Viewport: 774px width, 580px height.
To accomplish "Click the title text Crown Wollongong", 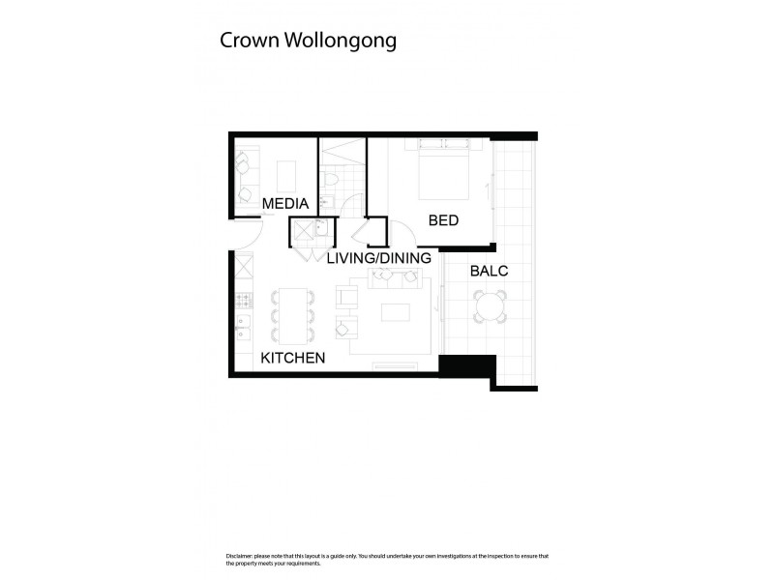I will coord(308,42).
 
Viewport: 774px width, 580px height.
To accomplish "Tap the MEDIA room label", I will coord(285,204).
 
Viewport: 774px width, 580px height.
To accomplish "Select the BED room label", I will coord(443,220).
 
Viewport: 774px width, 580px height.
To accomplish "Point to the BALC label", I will coord(489,271).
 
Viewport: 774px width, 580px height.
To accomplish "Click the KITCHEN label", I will coord(293,359).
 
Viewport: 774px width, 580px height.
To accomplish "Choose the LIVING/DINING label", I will coord(378,258).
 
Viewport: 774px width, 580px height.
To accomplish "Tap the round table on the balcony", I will coord(489,309).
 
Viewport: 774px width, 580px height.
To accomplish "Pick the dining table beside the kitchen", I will coord(293,315).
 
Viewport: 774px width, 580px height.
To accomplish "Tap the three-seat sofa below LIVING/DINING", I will coord(395,278).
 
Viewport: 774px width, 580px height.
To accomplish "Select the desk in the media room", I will coord(286,176).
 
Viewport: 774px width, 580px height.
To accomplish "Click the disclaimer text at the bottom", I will coord(387,560).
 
